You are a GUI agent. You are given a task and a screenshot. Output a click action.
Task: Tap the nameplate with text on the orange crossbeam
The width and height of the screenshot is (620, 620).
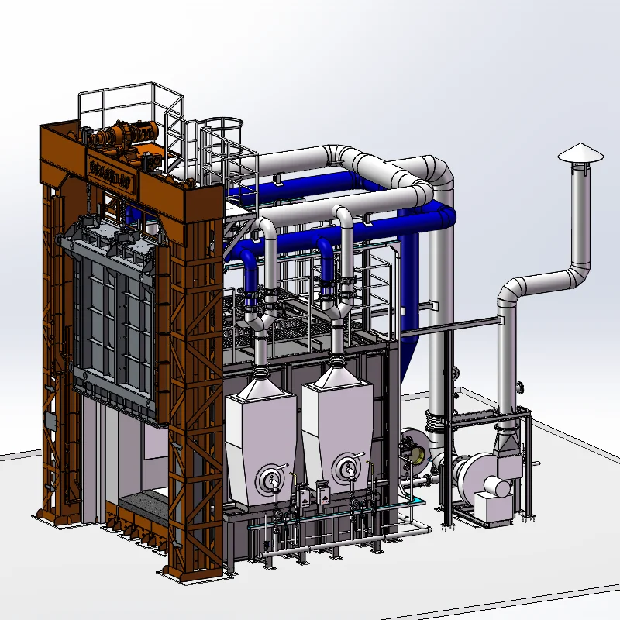108,166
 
